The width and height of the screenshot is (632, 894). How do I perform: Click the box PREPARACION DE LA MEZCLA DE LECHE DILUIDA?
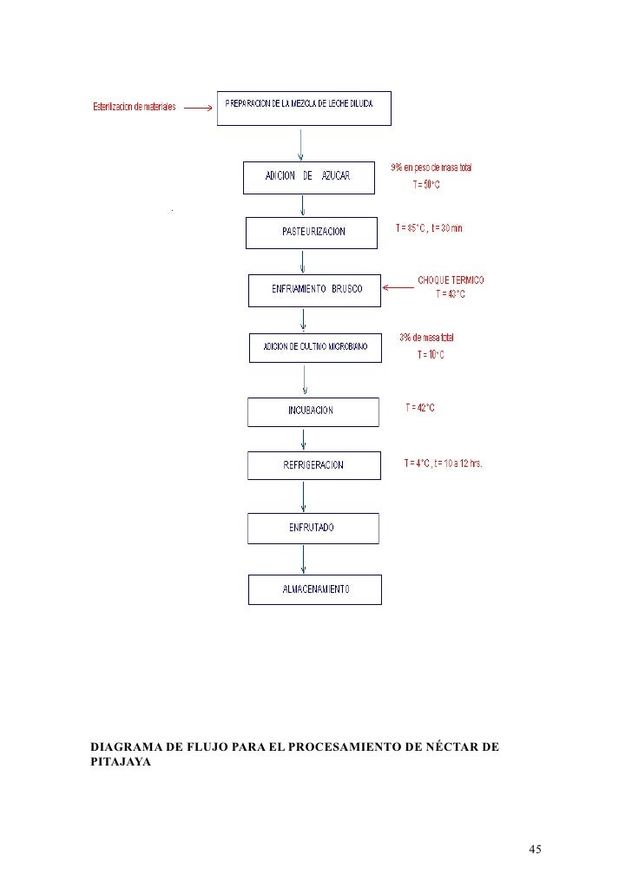pyautogui.click(x=304, y=108)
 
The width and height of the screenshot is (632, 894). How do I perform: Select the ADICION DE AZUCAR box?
pyautogui.click(x=308, y=176)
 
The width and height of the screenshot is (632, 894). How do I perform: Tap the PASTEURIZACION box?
pyautogui.click(x=313, y=232)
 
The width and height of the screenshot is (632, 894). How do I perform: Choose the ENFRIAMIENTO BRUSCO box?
pyautogui.click(x=315, y=290)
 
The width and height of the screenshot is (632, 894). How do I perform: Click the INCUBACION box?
pyautogui.click(x=313, y=411)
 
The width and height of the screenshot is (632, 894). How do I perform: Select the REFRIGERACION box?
pyautogui.click(x=313, y=465)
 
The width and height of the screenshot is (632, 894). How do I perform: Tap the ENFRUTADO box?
pyautogui.click(x=313, y=528)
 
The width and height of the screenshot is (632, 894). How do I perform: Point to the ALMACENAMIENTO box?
pyautogui.click(x=314, y=590)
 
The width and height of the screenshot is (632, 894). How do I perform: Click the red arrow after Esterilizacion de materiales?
pyautogui.click(x=198, y=108)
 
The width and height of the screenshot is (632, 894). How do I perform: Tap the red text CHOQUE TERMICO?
pyautogui.click(x=451, y=280)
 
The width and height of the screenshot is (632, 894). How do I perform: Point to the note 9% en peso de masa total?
pyautogui.click(x=432, y=168)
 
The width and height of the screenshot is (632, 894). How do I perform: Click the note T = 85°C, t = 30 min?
pyautogui.click(x=430, y=228)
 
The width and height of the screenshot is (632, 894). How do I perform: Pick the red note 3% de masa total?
pyautogui.click(x=426, y=338)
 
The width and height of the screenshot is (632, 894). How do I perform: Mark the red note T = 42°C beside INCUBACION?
pyautogui.click(x=420, y=408)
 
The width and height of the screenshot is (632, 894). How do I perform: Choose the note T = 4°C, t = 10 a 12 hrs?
pyautogui.click(x=443, y=463)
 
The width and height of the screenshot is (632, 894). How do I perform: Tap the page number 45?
pyautogui.click(x=535, y=849)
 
